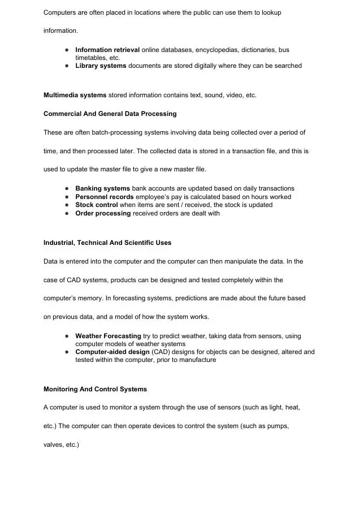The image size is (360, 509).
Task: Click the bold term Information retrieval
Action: [x=107, y=50]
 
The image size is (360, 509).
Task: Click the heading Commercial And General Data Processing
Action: [x=110, y=114]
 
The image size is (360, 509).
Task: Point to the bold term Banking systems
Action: [x=102, y=188]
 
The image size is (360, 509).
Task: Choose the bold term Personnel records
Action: [x=105, y=197]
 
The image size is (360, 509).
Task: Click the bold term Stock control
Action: [x=97, y=205]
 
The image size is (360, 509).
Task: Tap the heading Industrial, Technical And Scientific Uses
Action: [x=107, y=243]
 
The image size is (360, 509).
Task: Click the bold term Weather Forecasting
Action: [x=108, y=336]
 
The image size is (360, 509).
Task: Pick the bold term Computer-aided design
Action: [x=112, y=352]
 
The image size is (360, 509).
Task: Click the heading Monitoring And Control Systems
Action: [x=95, y=389]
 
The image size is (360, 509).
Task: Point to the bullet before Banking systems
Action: [x=67, y=188]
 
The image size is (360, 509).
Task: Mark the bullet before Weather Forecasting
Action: [x=67, y=336]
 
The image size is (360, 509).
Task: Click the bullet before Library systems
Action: [x=67, y=66]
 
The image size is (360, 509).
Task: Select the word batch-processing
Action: [x=103, y=132]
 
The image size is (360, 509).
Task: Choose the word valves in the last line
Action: [x=53, y=445]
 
